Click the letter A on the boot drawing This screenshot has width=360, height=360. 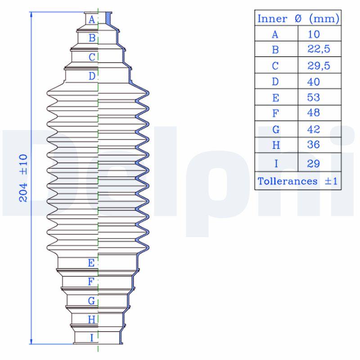(x=92, y=19)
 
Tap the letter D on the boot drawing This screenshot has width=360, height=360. (x=92, y=76)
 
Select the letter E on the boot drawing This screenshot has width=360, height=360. (x=91, y=263)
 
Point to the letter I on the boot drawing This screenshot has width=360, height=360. (x=92, y=337)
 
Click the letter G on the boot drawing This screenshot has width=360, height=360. (x=91, y=301)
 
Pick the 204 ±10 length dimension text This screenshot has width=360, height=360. (x=23, y=178)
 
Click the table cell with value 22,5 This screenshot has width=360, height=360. (x=319, y=49)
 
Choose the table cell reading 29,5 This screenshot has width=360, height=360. (x=319, y=66)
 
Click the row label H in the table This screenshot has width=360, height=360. (x=276, y=146)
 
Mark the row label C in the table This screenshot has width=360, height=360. (x=276, y=66)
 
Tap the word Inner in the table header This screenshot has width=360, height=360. (x=272, y=19)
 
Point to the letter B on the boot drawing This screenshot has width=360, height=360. (x=92, y=38)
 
